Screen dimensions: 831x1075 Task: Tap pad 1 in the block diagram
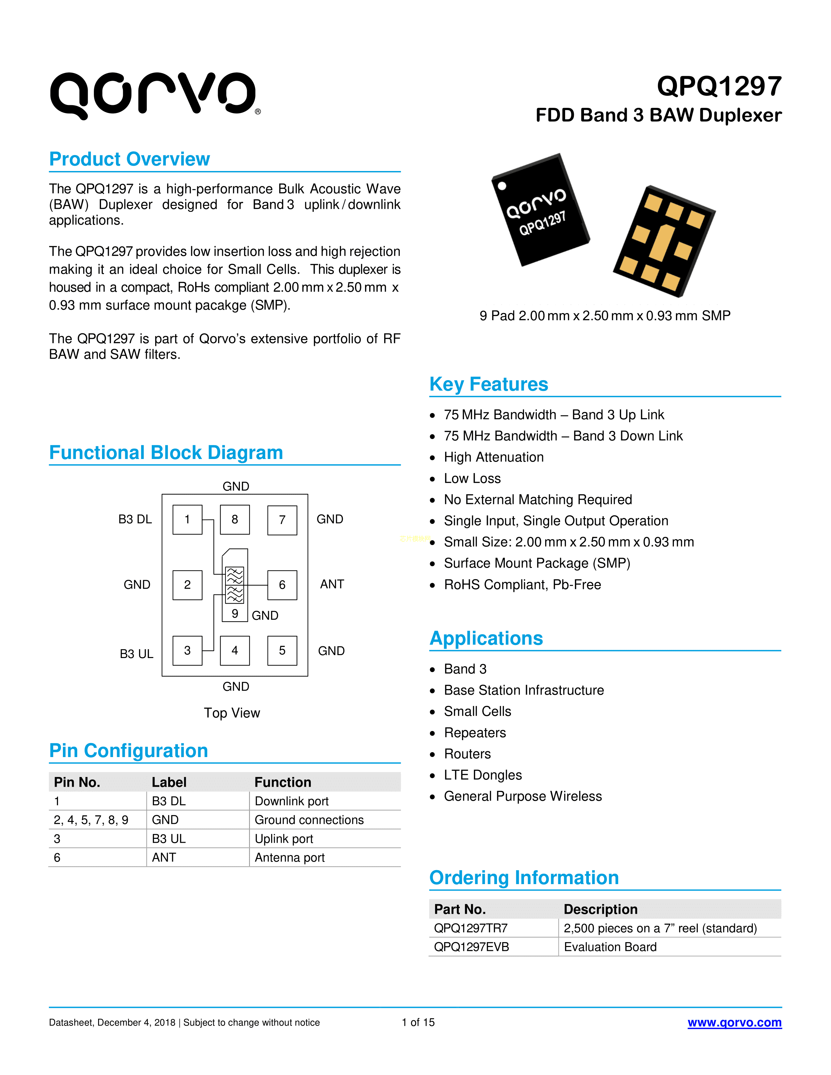click(x=187, y=519)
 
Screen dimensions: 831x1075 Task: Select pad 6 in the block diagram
click(x=282, y=585)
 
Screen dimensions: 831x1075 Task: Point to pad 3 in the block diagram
click(x=187, y=650)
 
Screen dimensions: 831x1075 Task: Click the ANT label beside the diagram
click(x=332, y=584)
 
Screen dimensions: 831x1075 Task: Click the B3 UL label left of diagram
click(x=136, y=654)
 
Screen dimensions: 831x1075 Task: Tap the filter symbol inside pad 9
click(x=235, y=585)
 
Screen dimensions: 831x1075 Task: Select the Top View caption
click(x=232, y=713)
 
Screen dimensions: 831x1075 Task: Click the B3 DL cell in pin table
click(x=169, y=801)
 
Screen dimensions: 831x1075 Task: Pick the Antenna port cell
click(x=289, y=857)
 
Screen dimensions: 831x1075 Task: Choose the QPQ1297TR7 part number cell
click(x=471, y=928)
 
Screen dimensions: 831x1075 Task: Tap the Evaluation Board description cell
click(x=610, y=947)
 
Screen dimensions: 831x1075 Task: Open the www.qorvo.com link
click(x=735, y=1022)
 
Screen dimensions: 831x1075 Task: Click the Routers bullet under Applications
click(x=467, y=753)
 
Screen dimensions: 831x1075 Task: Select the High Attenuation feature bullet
click(x=494, y=457)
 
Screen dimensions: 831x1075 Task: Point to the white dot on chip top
click(x=502, y=186)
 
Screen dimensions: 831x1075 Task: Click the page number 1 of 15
click(x=418, y=1022)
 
